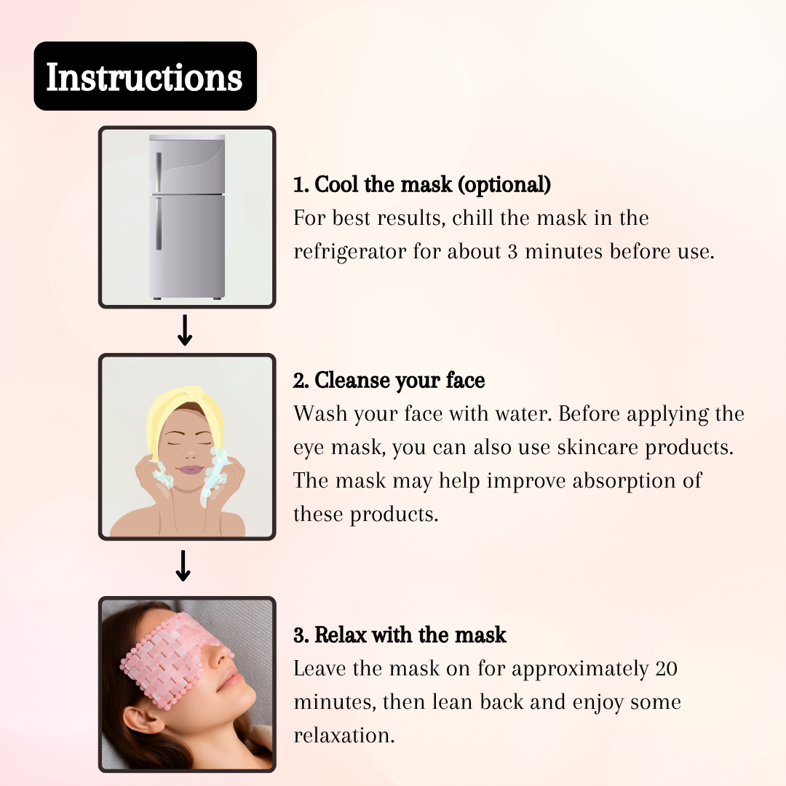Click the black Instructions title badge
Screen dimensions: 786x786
coord(146,76)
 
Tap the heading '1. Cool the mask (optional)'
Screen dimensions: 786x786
coord(422,184)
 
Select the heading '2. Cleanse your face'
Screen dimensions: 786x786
coord(389,381)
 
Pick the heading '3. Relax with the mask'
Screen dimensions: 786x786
coord(400,635)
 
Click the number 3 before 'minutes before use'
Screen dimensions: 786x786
coord(512,252)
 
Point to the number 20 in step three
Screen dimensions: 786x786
coord(666,669)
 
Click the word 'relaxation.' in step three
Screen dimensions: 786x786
coord(344,735)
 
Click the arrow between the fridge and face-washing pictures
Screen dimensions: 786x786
coord(185,330)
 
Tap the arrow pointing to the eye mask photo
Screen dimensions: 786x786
coord(183,566)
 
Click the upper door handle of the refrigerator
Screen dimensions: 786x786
coord(159,172)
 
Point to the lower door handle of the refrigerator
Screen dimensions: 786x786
coord(159,223)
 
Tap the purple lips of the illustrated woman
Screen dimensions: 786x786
coord(190,470)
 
